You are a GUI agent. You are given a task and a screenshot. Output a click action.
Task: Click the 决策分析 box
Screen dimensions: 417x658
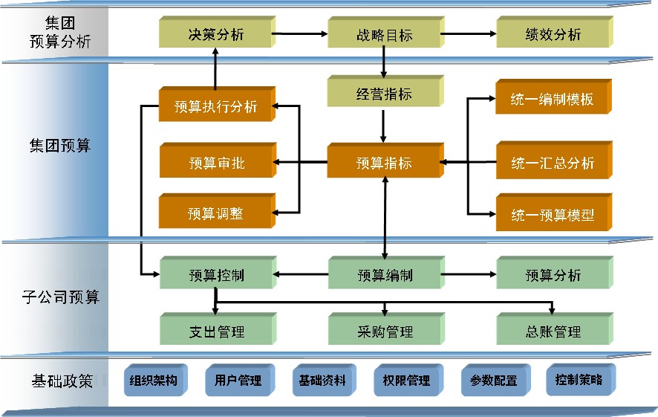click(x=215, y=34)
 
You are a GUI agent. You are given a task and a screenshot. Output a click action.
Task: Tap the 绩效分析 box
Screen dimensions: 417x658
click(x=553, y=35)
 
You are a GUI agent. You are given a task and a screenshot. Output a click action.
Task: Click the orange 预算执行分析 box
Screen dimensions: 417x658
click(x=215, y=106)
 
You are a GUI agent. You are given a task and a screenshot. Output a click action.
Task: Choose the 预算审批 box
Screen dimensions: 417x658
click(x=215, y=163)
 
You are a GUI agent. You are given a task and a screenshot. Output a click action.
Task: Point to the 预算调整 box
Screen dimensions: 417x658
click(x=215, y=214)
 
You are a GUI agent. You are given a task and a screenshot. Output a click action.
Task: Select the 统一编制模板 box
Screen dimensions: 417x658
click(x=553, y=99)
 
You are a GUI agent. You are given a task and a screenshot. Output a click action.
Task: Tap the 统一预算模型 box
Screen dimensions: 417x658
click(x=553, y=215)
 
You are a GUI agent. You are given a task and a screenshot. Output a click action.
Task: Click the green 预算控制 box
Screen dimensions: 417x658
click(x=215, y=276)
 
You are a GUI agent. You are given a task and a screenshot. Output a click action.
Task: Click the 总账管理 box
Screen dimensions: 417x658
click(x=553, y=332)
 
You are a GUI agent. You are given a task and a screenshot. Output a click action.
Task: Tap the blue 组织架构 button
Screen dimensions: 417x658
click(x=153, y=381)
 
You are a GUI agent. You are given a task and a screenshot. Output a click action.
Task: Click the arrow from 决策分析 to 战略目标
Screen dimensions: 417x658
click(x=300, y=33)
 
